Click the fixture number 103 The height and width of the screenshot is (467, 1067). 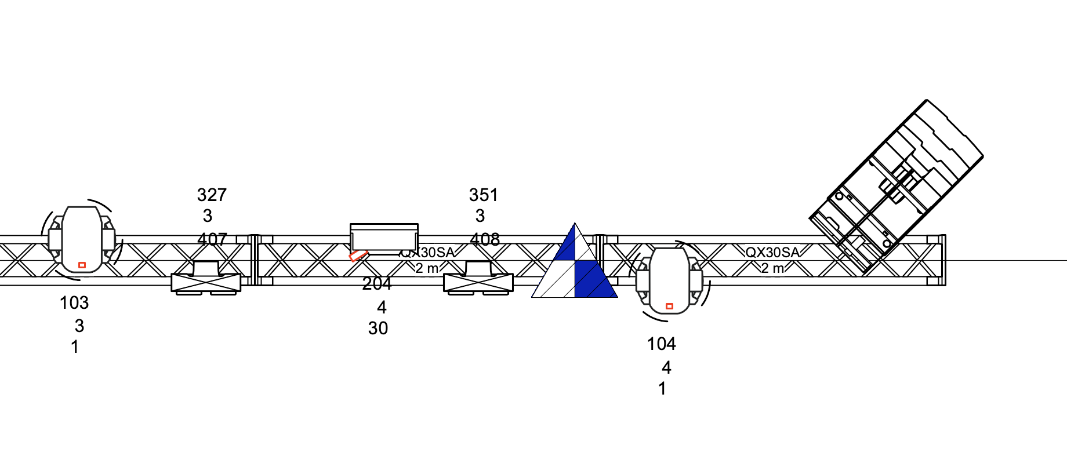(74, 302)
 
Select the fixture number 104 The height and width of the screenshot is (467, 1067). (661, 344)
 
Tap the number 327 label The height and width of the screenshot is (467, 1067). (212, 195)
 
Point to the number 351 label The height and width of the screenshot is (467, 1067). (484, 195)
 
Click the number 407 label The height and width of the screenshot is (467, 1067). (212, 239)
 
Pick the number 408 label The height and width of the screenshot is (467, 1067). (485, 239)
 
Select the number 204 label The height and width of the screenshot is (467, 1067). (377, 283)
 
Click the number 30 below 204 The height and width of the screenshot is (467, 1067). (378, 329)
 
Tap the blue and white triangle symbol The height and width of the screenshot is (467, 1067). (575, 267)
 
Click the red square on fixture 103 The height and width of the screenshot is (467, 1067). (82, 265)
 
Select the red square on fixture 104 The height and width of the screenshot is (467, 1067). (669, 306)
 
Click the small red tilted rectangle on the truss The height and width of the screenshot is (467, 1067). (358, 256)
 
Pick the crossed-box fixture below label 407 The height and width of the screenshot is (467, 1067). (206, 282)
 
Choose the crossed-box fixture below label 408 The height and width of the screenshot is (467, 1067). (478, 282)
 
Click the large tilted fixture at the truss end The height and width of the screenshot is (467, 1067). (896, 185)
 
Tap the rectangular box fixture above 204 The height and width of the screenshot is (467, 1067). (384, 238)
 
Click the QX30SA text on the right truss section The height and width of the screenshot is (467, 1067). (772, 253)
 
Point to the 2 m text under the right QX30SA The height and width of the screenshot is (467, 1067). (772, 268)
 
